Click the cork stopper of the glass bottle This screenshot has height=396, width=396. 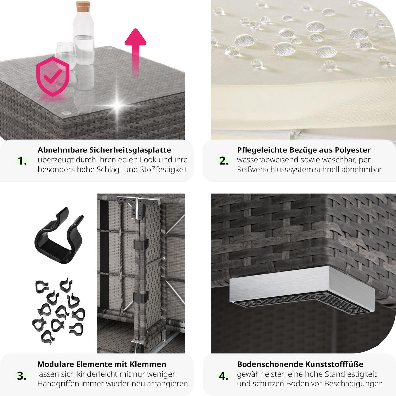click(83, 6)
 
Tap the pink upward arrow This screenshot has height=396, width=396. click(135, 52)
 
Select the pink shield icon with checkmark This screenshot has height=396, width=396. click(53, 77)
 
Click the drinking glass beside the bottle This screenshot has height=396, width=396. click(66, 56)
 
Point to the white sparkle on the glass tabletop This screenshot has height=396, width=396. click(117, 105)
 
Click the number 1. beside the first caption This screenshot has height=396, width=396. click(22, 161)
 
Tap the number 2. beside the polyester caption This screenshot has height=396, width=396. click(224, 161)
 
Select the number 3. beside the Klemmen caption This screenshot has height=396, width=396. click(22, 376)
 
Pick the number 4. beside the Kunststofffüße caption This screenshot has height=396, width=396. click(224, 376)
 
